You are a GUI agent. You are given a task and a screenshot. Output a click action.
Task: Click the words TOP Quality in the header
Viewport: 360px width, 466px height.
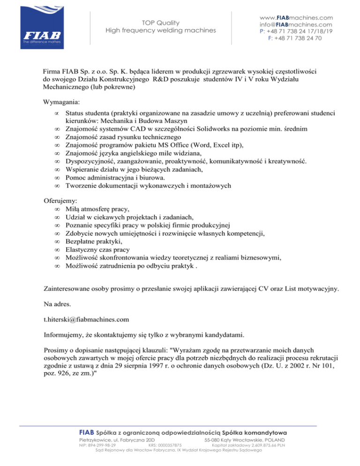pos(160,22)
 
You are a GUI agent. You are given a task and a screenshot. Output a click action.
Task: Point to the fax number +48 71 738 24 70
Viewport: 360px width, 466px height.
pos(298,38)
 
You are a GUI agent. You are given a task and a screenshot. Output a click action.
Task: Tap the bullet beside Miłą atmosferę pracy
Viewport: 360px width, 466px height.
pos(57,208)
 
